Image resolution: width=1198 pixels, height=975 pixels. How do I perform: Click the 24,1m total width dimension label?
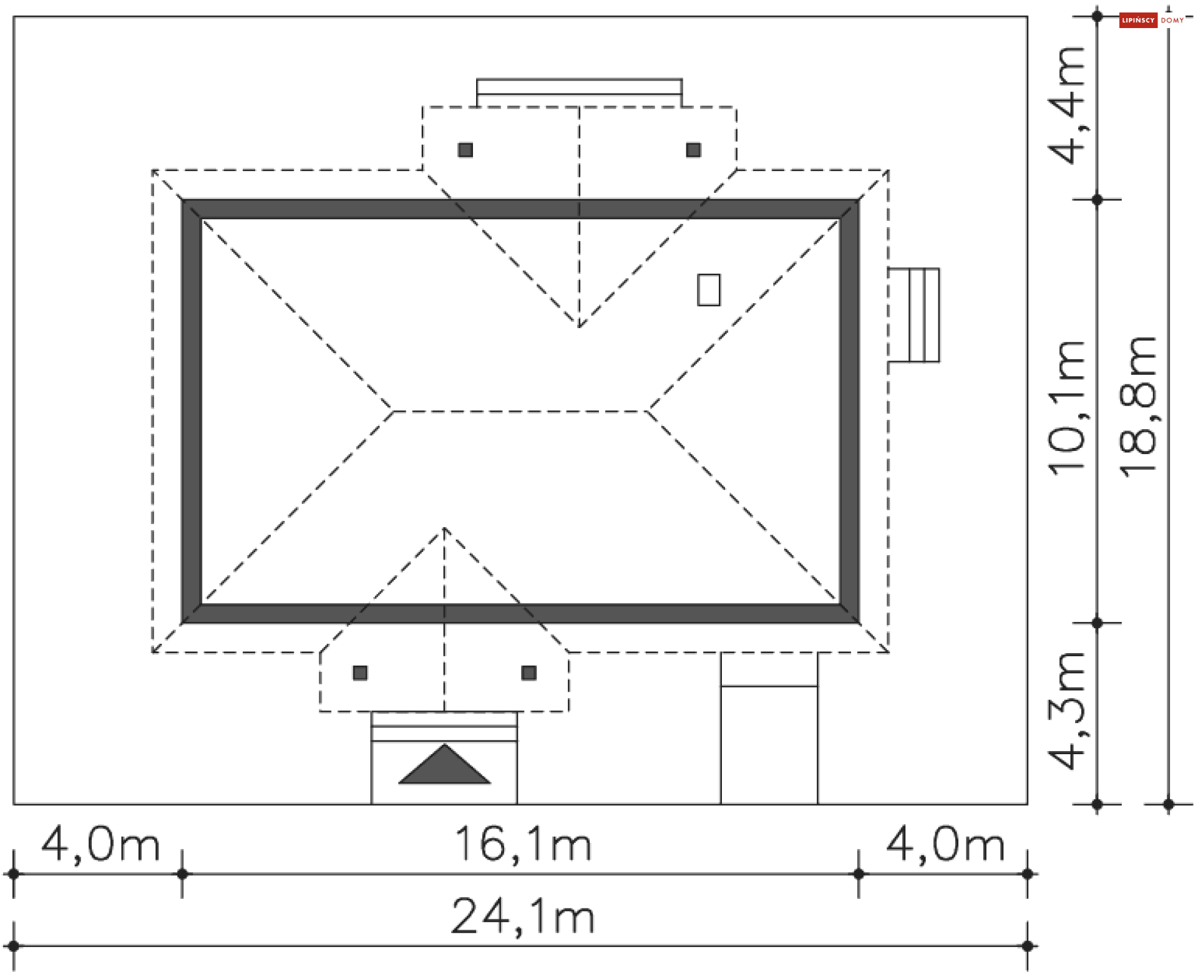[522, 917]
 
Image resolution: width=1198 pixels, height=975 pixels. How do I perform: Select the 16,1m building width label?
[523, 845]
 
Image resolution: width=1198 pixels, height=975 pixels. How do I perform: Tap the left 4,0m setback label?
[100, 845]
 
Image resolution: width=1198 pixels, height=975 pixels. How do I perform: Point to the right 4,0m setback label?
[945, 845]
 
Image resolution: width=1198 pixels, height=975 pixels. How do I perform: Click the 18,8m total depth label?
[1138, 407]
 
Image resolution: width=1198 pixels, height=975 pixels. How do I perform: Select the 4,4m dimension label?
[1068, 105]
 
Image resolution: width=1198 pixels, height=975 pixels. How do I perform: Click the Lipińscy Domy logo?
[1152, 21]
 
